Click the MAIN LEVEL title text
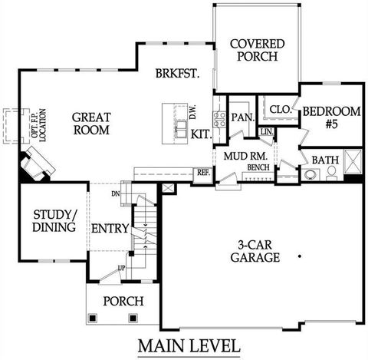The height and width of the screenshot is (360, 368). pyautogui.click(x=189, y=345)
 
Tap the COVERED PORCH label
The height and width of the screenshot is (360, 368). pyautogui.click(x=258, y=50)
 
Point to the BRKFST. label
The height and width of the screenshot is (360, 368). pyautogui.click(x=177, y=74)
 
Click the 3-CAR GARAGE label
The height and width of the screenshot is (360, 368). pyautogui.click(x=255, y=252)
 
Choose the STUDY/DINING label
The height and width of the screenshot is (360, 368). pyautogui.click(x=54, y=220)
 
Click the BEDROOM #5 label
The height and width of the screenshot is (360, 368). pyautogui.click(x=330, y=117)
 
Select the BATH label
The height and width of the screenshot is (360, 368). pyautogui.click(x=325, y=160)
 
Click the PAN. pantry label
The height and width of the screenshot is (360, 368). pyautogui.click(x=242, y=117)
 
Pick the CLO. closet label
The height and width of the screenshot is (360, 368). pyautogui.click(x=280, y=110)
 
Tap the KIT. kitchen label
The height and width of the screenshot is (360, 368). pyautogui.click(x=201, y=134)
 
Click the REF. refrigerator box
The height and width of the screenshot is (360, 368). pyautogui.click(x=203, y=173)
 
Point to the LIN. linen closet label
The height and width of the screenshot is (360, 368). pyautogui.click(x=266, y=132)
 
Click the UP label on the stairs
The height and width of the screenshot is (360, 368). pyautogui.click(x=121, y=267)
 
